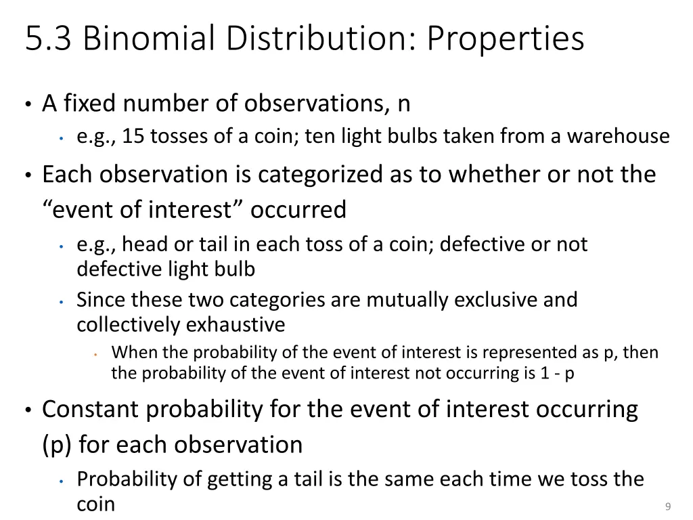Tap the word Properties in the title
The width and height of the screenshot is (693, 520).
click(505, 39)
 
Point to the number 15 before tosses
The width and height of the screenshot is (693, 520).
click(134, 137)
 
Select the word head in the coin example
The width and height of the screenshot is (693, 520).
click(143, 244)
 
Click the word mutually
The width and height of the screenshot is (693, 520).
click(409, 299)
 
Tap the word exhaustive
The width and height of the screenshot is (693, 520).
click(236, 325)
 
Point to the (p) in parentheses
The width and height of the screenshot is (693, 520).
click(55, 445)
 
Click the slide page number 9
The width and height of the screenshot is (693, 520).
click(668, 506)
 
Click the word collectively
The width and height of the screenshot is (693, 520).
click(129, 325)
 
